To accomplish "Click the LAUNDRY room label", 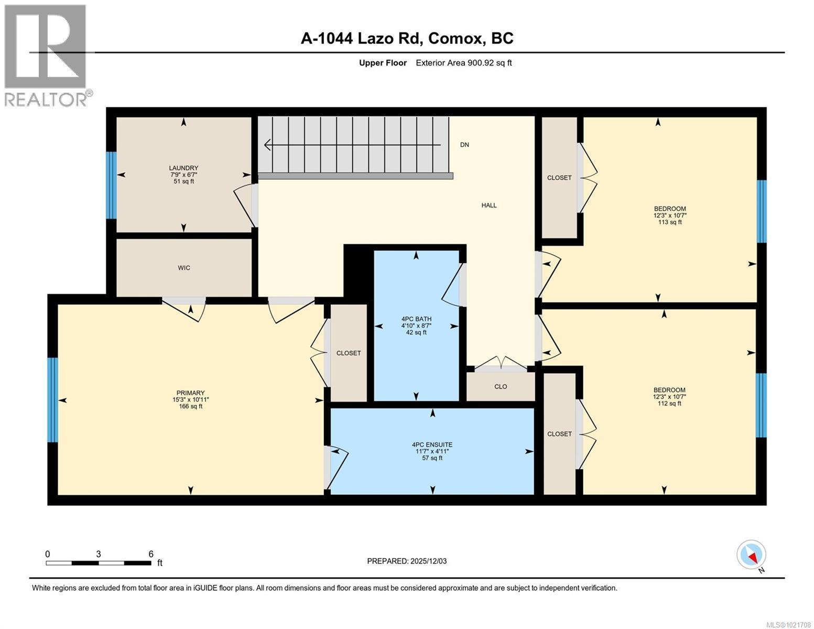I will point(183,168).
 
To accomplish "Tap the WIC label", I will point(183,268).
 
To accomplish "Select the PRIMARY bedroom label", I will point(190,393).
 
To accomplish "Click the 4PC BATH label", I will point(416,319).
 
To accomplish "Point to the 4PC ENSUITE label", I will point(432,444).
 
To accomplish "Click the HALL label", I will point(489,205).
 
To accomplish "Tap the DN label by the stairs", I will point(464,145).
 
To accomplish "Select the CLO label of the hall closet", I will point(501,387).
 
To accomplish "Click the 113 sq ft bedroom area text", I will point(669,222).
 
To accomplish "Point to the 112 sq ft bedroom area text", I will point(669,404).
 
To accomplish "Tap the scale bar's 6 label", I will point(151,554).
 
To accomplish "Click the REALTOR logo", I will point(46,55).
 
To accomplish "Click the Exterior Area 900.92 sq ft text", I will point(463,63).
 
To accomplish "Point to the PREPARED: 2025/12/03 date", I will point(407,561).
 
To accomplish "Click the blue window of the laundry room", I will point(111,185).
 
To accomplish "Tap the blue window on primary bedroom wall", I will point(52,400).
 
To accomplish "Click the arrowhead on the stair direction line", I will point(267,145).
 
